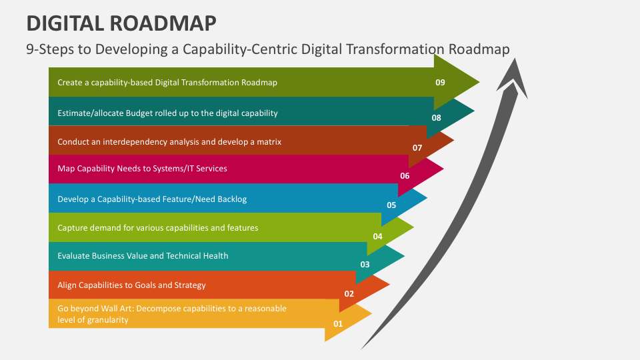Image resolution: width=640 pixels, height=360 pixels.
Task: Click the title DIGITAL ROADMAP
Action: (x=121, y=23)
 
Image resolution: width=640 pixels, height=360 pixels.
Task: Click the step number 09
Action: (x=440, y=83)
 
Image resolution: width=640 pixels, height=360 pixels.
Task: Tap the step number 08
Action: (x=436, y=118)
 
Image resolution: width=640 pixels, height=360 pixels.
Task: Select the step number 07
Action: (x=417, y=148)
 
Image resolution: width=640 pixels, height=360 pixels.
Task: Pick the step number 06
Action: (x=405, y=176)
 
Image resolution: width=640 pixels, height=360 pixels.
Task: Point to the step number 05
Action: (x=391, y=205)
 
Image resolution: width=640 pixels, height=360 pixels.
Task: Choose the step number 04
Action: (x=377, y=236)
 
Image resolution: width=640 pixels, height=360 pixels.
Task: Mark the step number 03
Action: (x=365, y=265)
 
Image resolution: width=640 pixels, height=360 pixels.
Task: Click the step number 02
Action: (x=349, y=294)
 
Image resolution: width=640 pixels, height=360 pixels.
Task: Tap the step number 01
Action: (x=338, y=324)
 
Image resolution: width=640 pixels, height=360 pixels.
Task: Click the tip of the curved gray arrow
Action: (x=515, y=59)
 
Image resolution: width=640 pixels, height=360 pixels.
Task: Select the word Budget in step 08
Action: (x=139, y=113)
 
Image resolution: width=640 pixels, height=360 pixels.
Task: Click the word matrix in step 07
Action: (x=270, y=142)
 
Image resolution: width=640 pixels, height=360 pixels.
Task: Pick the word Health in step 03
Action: (x=215, y=256)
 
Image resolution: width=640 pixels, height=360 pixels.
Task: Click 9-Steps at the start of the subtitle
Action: (x=50, y=49)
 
